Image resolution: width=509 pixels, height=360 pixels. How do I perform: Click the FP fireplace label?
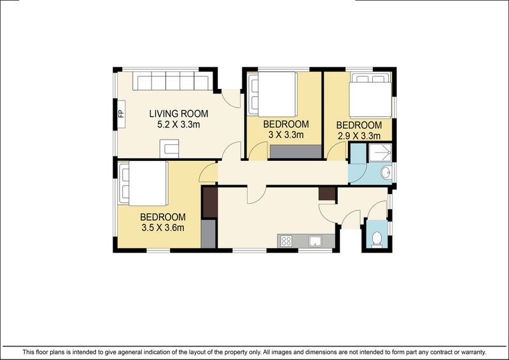(120, 115)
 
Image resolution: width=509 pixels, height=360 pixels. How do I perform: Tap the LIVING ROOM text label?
(178, 114)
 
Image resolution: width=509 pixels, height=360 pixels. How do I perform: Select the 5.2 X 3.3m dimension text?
(178, 125)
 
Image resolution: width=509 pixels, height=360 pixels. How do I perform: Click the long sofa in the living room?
(172, 81)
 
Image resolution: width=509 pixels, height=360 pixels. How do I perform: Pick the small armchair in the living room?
(169, 149)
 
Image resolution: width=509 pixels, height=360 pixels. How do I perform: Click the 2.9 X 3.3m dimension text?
(358, 135)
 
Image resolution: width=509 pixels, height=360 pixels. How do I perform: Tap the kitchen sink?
(314, 240)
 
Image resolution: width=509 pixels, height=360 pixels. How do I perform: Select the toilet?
(377, 238)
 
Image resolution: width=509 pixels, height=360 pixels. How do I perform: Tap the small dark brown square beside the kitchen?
(327, 194)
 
